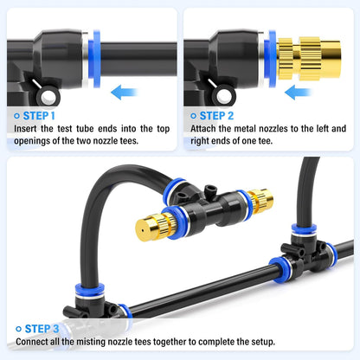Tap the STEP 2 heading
coord(222,114)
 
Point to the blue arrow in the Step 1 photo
coord(126,92)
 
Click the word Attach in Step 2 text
coord(205,128)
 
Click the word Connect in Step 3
coord(34,342)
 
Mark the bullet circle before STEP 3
coord(18,328)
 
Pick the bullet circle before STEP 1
coord(18,114)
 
